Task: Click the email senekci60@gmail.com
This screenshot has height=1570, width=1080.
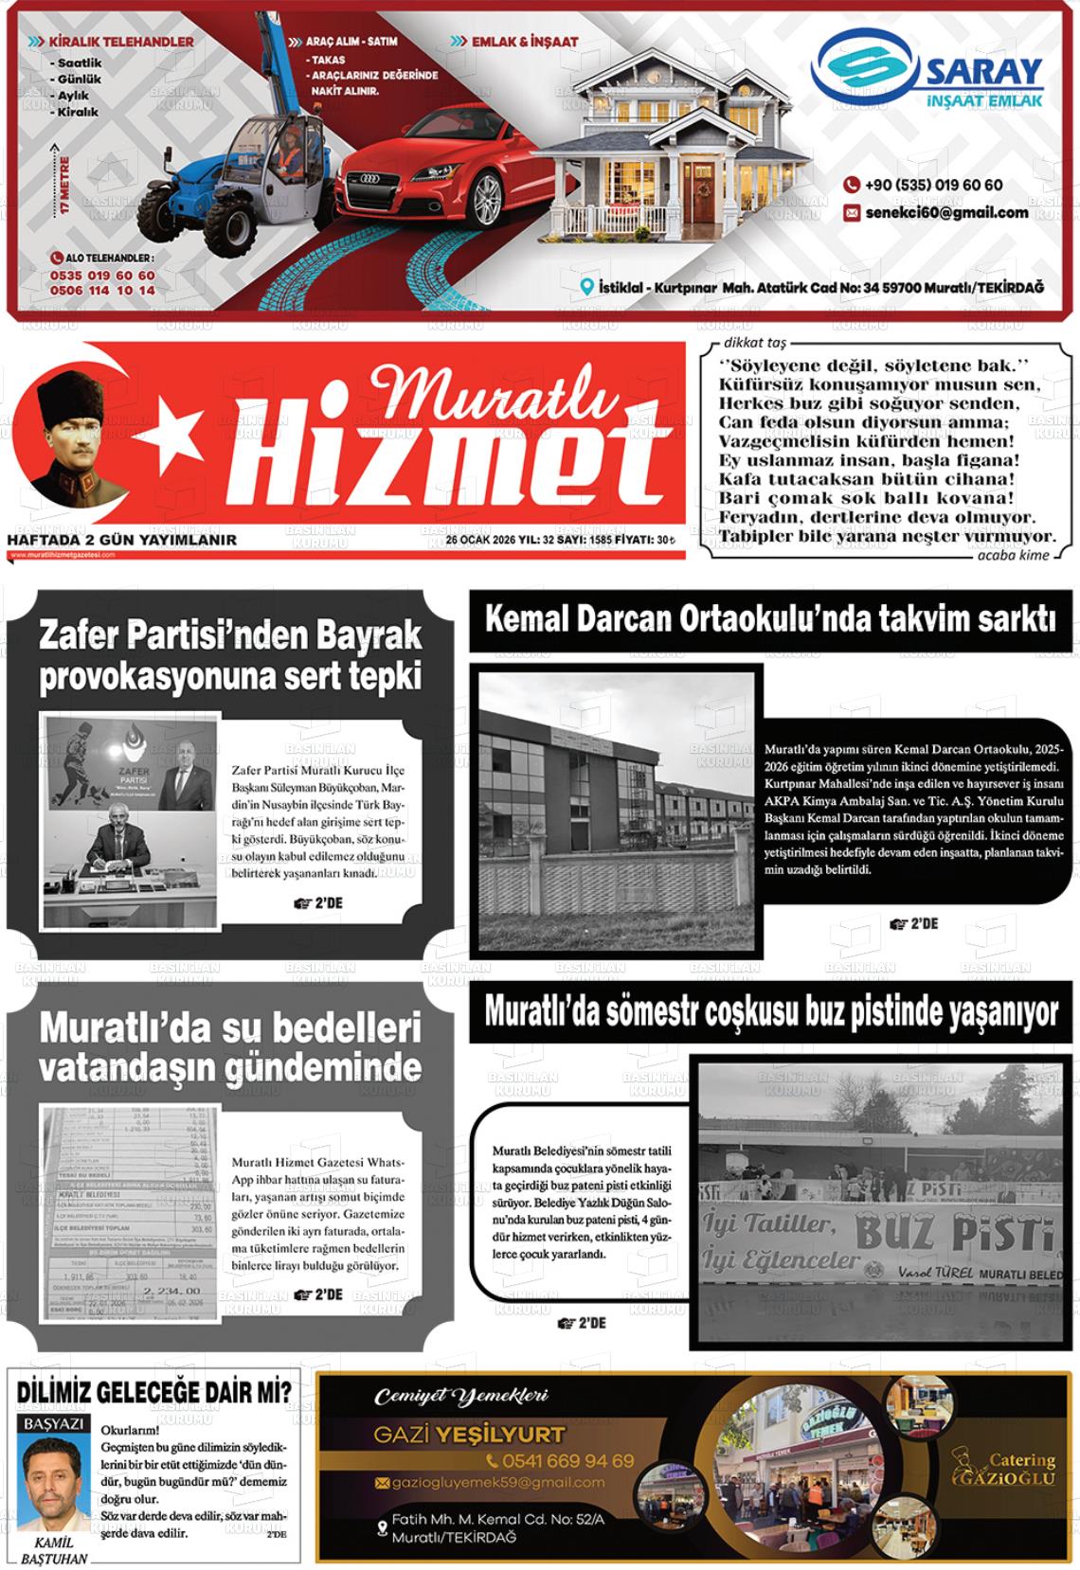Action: click(x=945, y=213)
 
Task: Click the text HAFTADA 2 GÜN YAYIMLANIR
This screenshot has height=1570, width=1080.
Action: click(x=122, y=540)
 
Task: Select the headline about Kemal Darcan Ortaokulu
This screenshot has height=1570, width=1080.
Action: click(x=769, y=621)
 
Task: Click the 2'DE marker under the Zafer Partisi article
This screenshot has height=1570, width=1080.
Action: click(x=318, y=903)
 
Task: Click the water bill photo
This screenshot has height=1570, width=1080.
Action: click(x=130, y=1213)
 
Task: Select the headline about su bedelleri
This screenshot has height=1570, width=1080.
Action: click(x=230, y=1047)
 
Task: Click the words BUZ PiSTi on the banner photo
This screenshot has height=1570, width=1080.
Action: click(x=952, y=1232)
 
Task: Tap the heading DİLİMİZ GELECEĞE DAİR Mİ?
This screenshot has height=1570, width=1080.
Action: click(x=154, y=1392)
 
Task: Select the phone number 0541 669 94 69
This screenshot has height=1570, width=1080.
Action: click(x=560, y=1461)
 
